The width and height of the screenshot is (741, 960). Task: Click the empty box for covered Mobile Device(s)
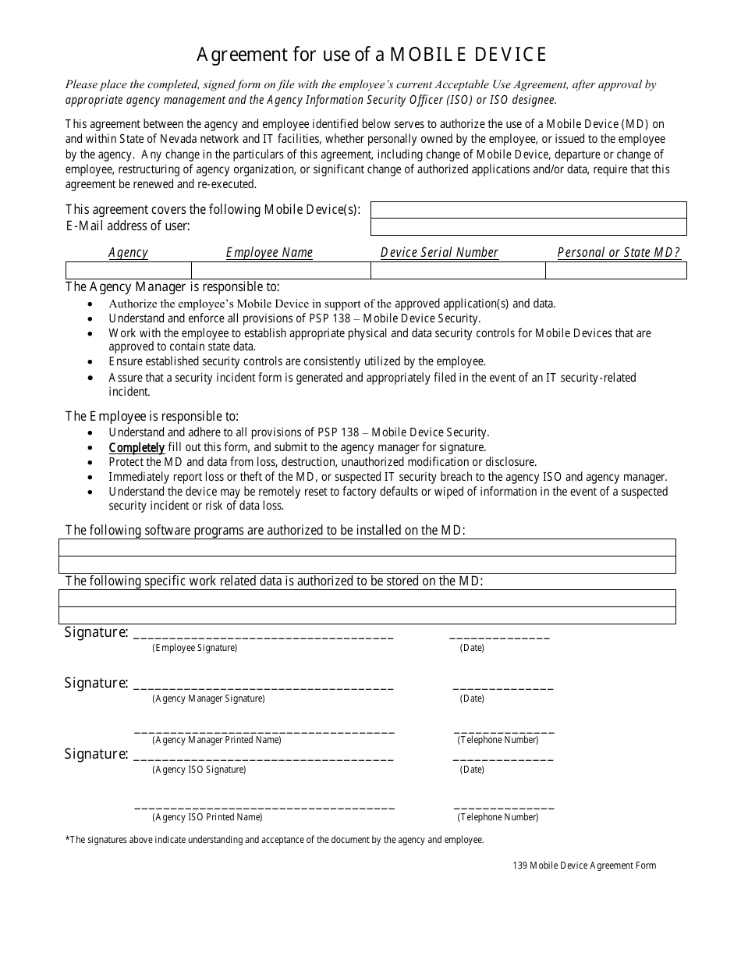(528, 210)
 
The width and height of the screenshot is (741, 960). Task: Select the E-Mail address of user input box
(528, 226)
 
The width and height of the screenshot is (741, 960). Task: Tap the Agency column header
(128, 252)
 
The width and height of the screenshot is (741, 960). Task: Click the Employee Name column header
(269, 252)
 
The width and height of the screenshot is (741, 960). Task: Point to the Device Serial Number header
(439, 252)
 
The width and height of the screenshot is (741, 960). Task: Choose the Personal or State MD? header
(619, 252)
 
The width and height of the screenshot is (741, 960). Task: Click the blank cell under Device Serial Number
(457, 270)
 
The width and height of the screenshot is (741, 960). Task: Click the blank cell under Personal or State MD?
(615, 270)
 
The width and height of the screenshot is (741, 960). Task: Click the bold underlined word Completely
(136, 447)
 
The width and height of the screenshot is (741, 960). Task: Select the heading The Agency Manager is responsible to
(172, 287)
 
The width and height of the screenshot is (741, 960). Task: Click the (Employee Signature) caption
(194, 648)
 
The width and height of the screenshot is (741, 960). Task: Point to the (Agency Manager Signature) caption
(208, 699)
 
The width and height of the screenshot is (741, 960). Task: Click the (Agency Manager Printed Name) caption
(216, 740)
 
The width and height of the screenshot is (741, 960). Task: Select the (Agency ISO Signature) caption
(199, 770)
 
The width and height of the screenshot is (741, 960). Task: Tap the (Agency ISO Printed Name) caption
(207, 817)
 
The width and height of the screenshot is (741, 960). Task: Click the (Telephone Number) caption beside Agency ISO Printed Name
(498, 817)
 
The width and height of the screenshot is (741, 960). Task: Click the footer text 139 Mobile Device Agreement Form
(584, 866)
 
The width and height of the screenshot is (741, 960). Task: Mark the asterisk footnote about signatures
(275, 840)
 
